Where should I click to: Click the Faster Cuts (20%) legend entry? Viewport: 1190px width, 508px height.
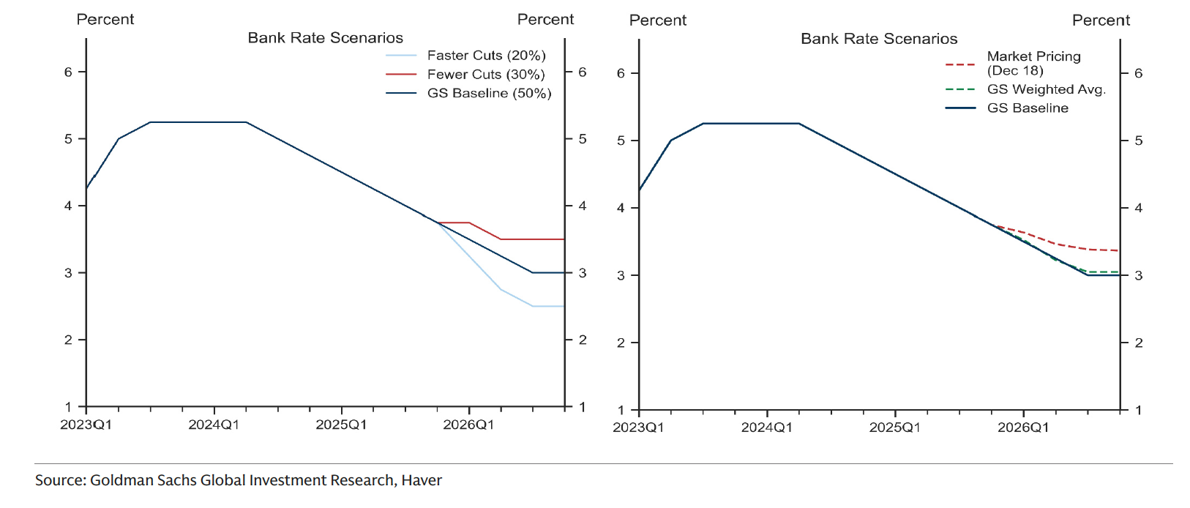click(486, 56)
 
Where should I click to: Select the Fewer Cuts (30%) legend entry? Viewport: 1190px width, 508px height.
click(486, 75)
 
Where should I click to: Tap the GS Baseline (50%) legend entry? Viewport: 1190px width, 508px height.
click(489, 94)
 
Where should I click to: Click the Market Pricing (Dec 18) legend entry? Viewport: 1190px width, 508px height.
click(1033, 64)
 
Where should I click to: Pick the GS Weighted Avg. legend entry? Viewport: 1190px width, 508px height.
click(1046, 89)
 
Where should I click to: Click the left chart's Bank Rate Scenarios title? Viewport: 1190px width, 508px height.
click(325, 38)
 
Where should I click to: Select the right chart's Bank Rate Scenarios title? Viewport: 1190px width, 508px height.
click(878, 39)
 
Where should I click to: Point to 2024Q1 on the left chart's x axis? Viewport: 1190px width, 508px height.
click(214, 425)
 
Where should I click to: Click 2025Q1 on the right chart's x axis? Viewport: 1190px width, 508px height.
click(894, 427)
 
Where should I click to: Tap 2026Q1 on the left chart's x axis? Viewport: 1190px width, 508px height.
click(468, 425)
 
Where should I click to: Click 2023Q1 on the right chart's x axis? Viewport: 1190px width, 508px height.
click(638, 427)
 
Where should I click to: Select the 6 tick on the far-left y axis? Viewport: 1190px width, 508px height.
click(69, 72)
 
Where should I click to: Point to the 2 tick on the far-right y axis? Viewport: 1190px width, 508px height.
click(1138, 343)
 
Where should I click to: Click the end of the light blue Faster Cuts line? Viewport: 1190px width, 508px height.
click(563, 306)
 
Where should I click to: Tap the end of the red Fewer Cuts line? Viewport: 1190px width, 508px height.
click(563, 239)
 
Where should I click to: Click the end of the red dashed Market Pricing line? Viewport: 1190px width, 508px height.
click(1118, 251)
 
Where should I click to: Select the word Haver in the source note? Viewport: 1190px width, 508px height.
click(422, 480)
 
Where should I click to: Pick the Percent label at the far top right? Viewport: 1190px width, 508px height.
click(1100, 20)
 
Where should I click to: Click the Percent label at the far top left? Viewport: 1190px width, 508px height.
click(105, 20)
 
